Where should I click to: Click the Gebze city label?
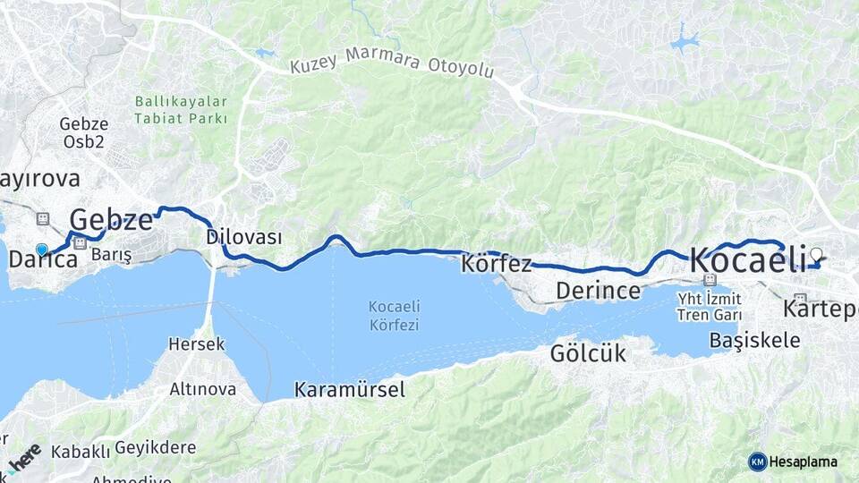coord(111,219)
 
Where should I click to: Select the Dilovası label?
coord(243,237)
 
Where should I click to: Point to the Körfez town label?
coord(497,264)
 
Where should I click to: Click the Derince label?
coord(598,290)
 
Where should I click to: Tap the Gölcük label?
coord(588,353)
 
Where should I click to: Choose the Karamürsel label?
coord(350,389)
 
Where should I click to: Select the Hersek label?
coord(197,343)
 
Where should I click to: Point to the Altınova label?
coord(203,389)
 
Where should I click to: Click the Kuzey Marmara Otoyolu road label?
coord(392,68)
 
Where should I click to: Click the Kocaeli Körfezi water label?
coord(394,315)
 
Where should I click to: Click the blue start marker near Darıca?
coord(41,250)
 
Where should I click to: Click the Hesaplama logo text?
coord(803,462)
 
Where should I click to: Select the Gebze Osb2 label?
coord(84,132)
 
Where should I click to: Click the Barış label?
coord(112,256)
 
